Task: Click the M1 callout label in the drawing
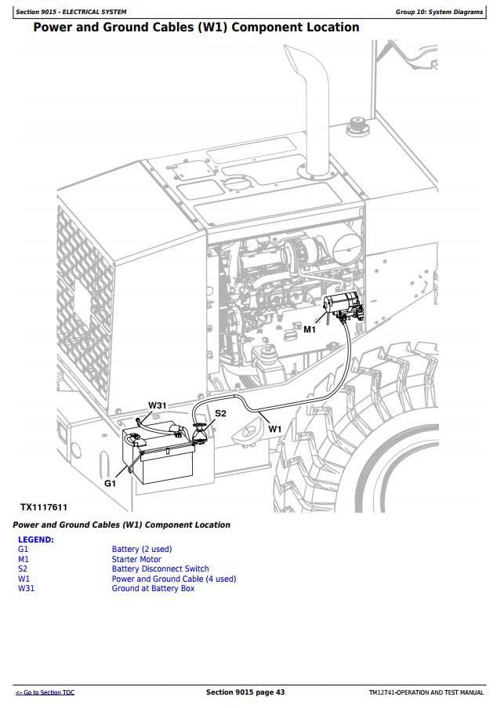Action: coord(309,329)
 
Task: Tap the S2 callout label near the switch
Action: coord(220,413)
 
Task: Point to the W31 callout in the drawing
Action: coord(157,405)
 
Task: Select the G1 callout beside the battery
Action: coord(111,483)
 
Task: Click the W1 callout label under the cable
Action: coord(274,429)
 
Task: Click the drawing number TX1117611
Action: coord(44,507)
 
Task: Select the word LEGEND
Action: coord(35,539)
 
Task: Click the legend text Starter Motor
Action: coord(136,559)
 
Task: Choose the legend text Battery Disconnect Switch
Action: coord(160,569)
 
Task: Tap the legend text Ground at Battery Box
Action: coord(153,588)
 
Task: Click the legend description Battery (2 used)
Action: coord(142,550)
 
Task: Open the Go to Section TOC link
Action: coord(45,692)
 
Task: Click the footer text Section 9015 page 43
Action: coord(245,692)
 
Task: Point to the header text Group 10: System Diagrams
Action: coord(439,12)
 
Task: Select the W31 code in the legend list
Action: coord(26,588)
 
